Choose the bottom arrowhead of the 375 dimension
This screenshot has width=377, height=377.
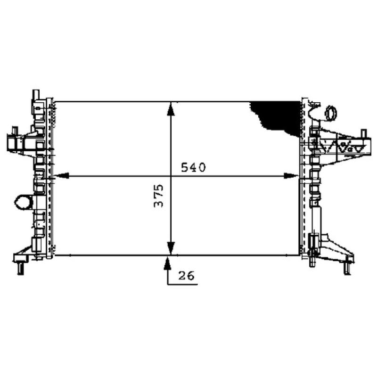(x=171, y=247)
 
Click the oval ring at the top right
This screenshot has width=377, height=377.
(x=330, y=113)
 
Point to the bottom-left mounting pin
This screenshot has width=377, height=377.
(x=20, y=268)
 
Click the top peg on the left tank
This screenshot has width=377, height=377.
(x=35, y=94)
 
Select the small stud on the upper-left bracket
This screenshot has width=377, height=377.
(x=15, y=130)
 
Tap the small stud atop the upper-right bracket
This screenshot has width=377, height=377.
(x=363, y=132)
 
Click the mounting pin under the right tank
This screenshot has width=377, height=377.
(x=312, y=262)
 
